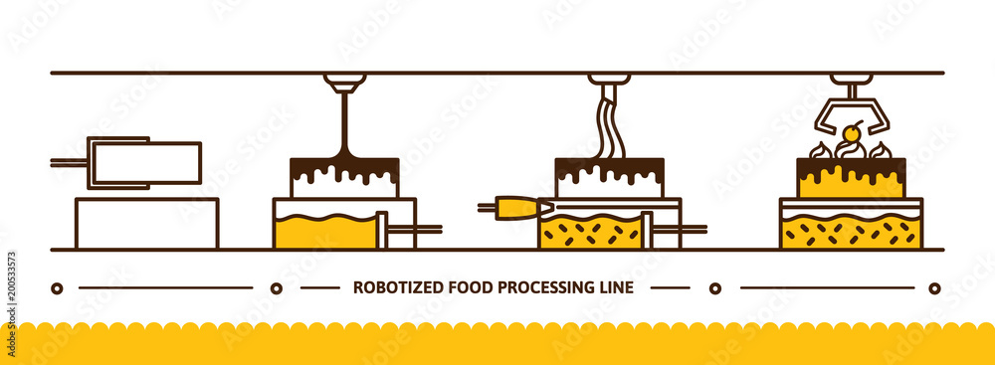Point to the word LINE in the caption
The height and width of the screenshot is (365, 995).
pyautogui.click(x=617, y=288)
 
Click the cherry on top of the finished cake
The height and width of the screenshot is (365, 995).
pyautogui.click(x=851, y=133)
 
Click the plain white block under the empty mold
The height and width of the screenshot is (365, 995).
pyautogui.click(x=146, y=224)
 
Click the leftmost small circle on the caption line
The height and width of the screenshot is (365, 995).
pyautogui.click(x=57, y=288)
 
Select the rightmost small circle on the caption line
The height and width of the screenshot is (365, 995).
pyautogui.click(x=934, y=288)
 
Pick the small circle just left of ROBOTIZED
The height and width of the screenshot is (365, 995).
pyautogui.click(x=277, y=288)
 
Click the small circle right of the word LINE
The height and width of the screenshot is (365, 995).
pyautogui.click(x=714, y=288)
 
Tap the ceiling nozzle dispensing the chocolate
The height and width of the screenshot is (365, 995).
pyautogui.click(x=344, y=82)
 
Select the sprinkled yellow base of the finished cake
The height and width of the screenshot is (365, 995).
pyautogui.click(x=851, y=233)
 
